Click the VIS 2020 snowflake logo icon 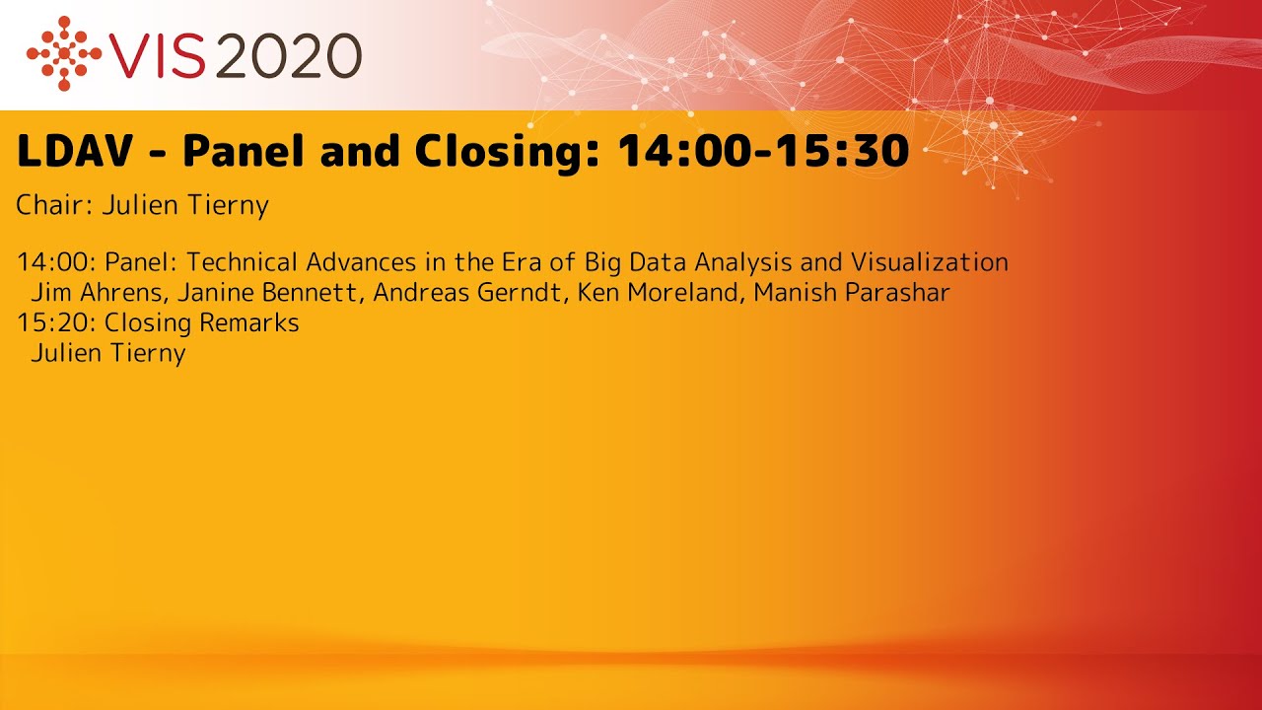tap(64, 53)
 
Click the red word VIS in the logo tap(158, 55)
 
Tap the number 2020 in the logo tap(287, 55)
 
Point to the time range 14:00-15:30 tap(762, 151)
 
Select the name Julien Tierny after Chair tap(185, 206)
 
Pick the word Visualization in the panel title tap(929, 262)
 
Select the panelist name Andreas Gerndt tap(467, 293)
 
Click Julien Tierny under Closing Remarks tap(108, 353)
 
